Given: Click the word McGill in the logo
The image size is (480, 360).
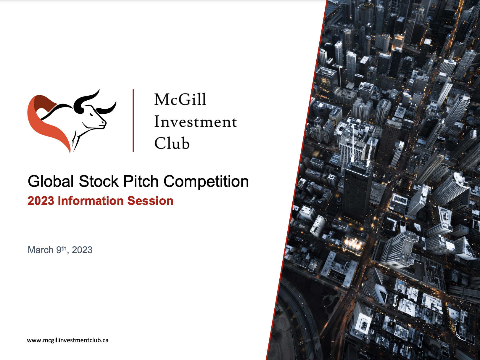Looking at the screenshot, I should tap(180, 99).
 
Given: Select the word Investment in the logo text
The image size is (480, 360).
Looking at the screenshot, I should tap(195, 122).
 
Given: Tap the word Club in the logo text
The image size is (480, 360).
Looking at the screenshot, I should tap(172, 144).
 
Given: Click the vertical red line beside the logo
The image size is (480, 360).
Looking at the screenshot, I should tap(133, 120).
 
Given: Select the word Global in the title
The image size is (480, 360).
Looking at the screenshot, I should tap(50, 181).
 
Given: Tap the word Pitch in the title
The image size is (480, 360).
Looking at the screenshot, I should tap(141, 181).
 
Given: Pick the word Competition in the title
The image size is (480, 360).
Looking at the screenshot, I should tap(206, 181).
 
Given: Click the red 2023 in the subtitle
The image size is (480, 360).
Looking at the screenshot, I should tap(41, 201).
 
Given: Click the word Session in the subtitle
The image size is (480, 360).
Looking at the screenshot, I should tap(150, 201).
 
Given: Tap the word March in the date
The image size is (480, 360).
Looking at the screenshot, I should tap(41, 250).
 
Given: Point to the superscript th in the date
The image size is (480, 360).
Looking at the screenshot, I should tap(64, 248).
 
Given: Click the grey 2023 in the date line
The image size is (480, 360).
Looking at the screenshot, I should tap(82, 250).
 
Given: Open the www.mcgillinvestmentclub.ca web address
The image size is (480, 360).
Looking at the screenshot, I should tap(67, 340).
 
